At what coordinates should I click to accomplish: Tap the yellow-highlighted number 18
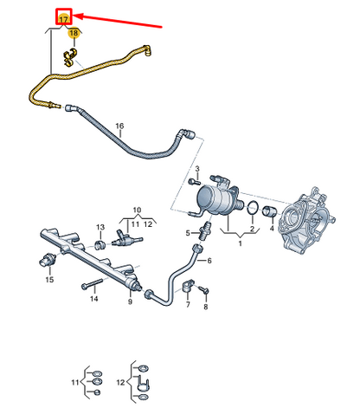(x=74, y=34)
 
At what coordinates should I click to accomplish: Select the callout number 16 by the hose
(x=119, y=126)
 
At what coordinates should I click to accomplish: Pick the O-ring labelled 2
(x=251, y=209)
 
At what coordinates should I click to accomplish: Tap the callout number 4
(x=273, y=229)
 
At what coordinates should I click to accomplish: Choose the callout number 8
(x=205, y=307)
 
